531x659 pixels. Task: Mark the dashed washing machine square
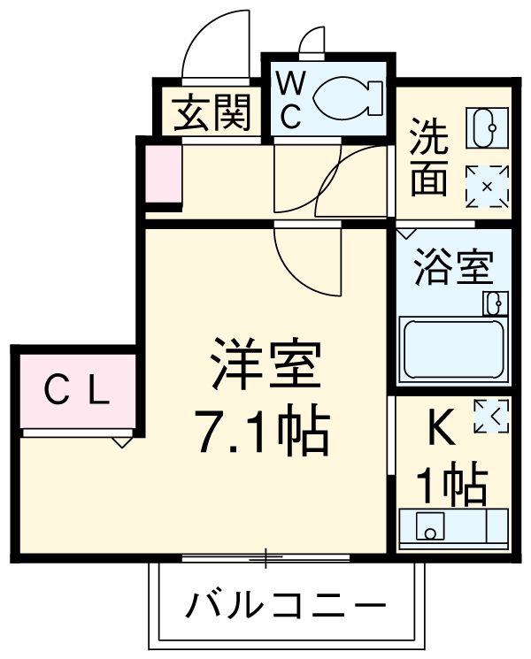point(487,186)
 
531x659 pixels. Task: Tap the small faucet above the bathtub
point(495,303)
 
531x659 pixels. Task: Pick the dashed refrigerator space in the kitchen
point(491,417)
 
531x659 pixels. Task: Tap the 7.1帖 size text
point(263,431)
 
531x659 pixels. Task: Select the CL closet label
point(78,390)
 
